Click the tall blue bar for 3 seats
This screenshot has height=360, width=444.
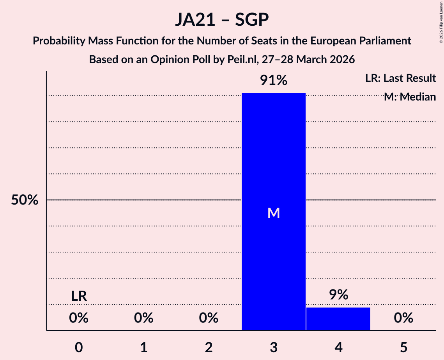pos(273,156)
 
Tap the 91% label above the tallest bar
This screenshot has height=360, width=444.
pos(273,81)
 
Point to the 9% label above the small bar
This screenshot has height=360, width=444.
pos(338,295)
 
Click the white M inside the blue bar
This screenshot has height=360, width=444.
pos(274,213)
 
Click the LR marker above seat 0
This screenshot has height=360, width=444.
pos(79,296)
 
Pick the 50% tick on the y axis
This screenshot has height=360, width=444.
pos(25,200)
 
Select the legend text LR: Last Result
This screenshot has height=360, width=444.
pos(400,78)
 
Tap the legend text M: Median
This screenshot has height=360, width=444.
pos(410,97)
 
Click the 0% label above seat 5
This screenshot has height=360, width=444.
pos(403,318)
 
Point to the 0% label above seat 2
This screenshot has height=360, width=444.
pos(209,318)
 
